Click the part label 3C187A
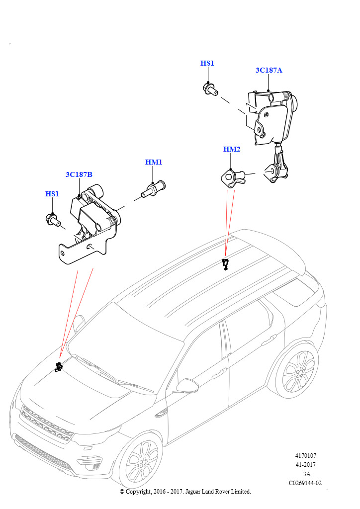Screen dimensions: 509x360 [269, 70]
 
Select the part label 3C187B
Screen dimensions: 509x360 [79, 174]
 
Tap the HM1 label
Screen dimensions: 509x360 [154, 162]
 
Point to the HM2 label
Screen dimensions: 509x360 [232, 149]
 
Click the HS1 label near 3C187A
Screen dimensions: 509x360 [207, 63]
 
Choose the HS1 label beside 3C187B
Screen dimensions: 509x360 [52, 194]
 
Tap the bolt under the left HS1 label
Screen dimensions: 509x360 [52, 219]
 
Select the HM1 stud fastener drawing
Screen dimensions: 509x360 [154, 189]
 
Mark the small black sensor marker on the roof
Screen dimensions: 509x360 [225, 264]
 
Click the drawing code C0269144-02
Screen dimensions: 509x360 [305, 483]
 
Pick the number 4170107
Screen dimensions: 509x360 [305, 455]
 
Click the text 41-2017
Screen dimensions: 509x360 [305, 465]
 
